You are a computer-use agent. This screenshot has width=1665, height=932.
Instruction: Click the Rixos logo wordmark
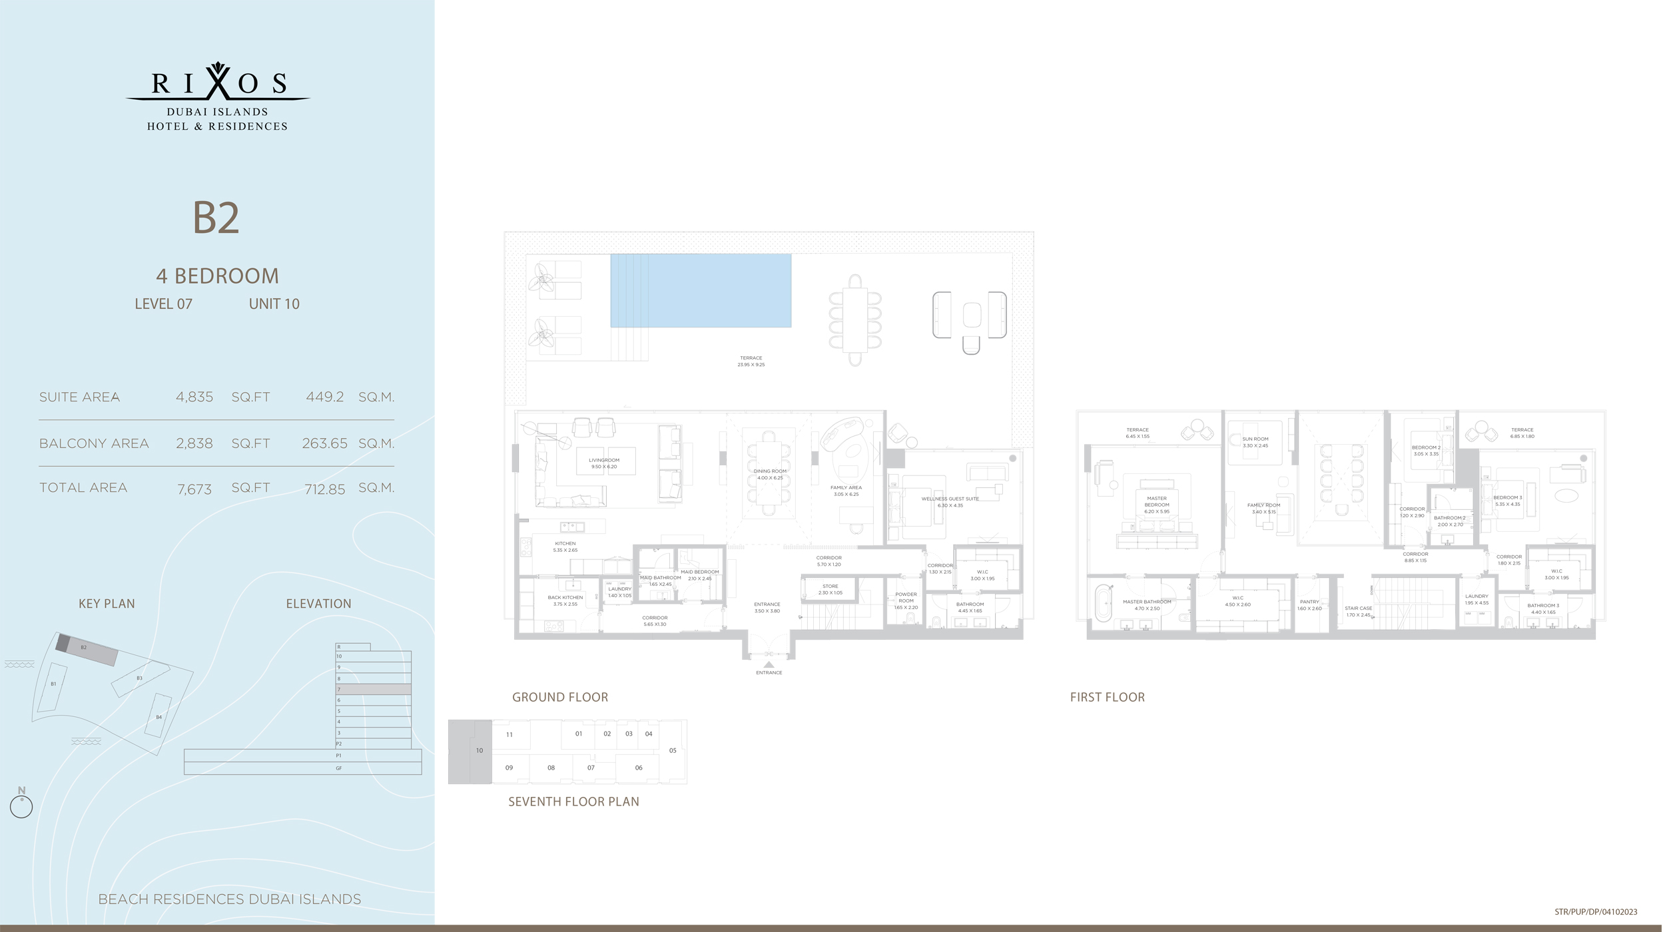(x=218, y=83)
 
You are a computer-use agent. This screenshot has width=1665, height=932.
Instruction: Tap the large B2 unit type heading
(x=216, y=218)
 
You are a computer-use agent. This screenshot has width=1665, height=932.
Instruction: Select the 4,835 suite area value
(x=194, y=397)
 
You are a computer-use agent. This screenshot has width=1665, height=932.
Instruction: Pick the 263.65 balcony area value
(x=324, y=444)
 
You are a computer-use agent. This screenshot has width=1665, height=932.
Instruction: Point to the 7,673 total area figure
(x=194, y=489)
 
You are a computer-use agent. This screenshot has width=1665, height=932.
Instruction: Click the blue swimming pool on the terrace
(x=701, y=290)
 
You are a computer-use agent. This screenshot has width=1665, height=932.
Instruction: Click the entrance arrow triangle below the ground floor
(x=769, y=664)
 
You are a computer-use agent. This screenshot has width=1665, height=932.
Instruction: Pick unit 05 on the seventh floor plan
(x=673, y=750)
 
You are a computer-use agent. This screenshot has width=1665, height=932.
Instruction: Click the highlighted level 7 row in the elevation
(x=373, y=689)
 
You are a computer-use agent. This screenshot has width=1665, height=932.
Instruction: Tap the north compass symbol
(x=21, y=804)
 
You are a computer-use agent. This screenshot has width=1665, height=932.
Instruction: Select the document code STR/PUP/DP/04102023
(x=1596, y=912)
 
